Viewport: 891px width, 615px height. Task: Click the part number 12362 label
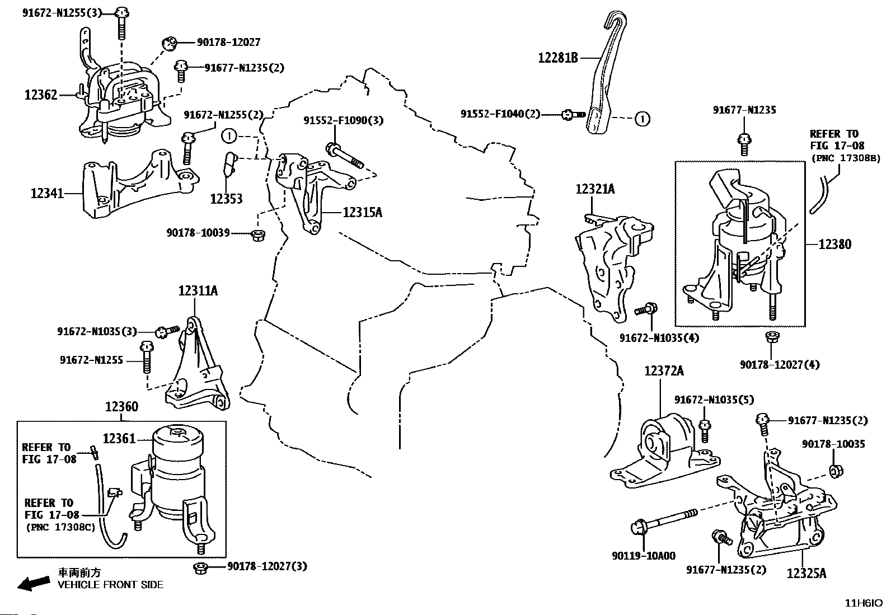(41, 95)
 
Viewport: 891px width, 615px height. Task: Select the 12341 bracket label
(48, 193)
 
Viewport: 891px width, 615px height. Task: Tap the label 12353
(226, 199)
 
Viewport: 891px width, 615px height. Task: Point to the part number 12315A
(362, 213)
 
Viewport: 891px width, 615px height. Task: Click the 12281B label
(558, 58)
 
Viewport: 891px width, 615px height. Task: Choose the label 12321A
(595, 189)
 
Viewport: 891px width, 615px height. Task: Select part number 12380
(835, 244)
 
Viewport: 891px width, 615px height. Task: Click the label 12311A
(198, 291)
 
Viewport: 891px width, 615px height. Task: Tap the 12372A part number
(664, 371)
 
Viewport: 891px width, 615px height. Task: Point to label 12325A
(806, 573)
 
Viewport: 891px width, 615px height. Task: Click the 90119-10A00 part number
(644, 556)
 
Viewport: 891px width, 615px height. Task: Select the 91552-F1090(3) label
(343, 120)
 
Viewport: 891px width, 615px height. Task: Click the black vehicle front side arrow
(34, 583)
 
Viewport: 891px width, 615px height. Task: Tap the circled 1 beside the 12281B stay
(642, 119)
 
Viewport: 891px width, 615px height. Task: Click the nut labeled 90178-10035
(836, 471)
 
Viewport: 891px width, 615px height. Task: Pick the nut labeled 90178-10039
(259, 234)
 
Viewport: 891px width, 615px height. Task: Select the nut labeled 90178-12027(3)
(201, 567)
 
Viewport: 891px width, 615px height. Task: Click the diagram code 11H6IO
(864, 603)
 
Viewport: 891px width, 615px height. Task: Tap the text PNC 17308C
(60, 528)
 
